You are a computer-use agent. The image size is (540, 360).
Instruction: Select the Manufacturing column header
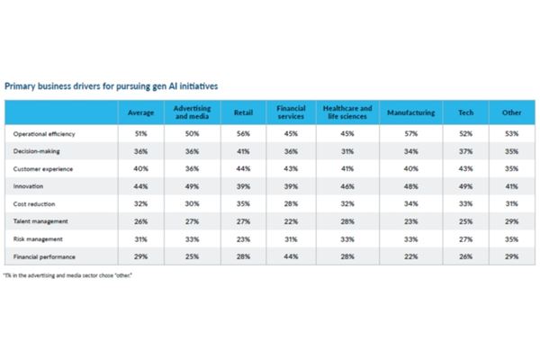point(411,112)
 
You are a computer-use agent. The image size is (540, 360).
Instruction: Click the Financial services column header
point(291,112)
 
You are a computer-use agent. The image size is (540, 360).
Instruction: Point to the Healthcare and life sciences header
point(346,112)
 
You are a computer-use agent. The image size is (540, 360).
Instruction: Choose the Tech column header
point(465,112)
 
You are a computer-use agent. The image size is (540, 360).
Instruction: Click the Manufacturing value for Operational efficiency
point(411,133)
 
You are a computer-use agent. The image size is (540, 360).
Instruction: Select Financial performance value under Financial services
point(291,256)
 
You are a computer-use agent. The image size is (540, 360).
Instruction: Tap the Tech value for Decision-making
point(465,151)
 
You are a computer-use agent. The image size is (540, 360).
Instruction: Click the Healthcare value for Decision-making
point(346,151)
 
